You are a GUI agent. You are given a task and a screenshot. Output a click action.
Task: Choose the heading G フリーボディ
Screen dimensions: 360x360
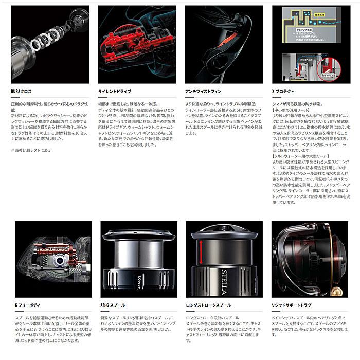27,305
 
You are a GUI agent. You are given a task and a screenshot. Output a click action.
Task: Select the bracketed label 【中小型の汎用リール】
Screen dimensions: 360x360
292,111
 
